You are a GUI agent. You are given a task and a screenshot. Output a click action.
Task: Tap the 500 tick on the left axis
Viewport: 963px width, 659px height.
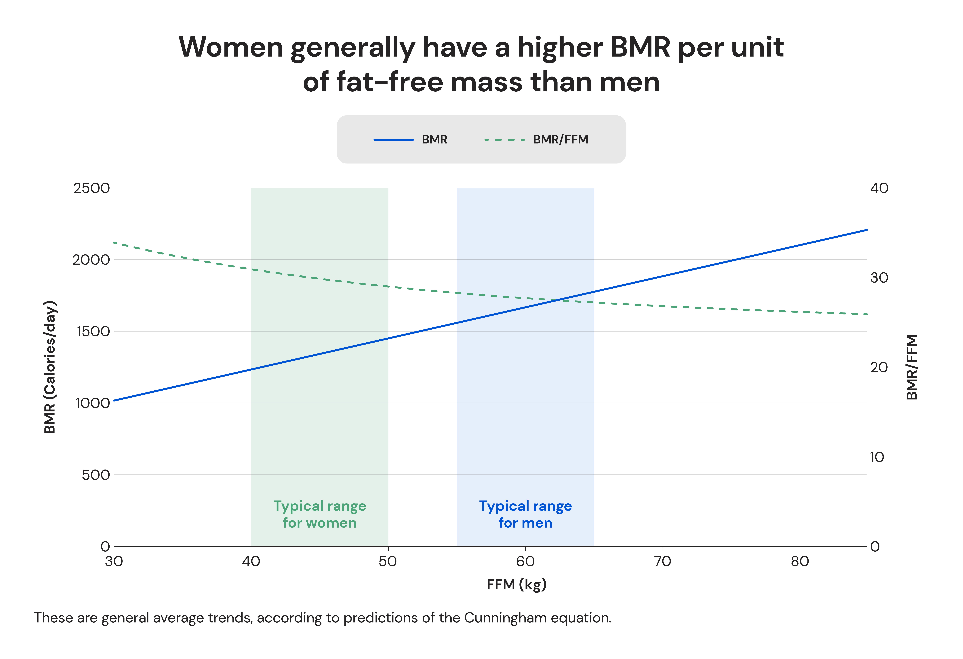(x=96, y=475)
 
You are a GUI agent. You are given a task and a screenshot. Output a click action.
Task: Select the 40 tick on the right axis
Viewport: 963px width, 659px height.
(x=879, y=188)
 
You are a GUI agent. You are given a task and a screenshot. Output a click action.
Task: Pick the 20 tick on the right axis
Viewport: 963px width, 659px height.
(x=879, y=367)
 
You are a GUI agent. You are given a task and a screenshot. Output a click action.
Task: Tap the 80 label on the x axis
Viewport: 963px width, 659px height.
(x=799, y=562)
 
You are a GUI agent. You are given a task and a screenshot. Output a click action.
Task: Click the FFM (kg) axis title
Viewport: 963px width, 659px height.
(x=516, y=585)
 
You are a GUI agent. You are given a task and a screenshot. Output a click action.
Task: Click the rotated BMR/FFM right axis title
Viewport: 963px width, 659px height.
(x=912, y=367)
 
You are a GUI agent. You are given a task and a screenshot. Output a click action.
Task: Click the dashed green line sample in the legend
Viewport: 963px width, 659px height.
(x=505, y=140)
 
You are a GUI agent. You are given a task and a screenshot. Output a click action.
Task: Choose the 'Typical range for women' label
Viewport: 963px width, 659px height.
(x=319, y=514)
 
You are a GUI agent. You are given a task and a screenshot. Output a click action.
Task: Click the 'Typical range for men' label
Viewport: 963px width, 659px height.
(x=525, y=514)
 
